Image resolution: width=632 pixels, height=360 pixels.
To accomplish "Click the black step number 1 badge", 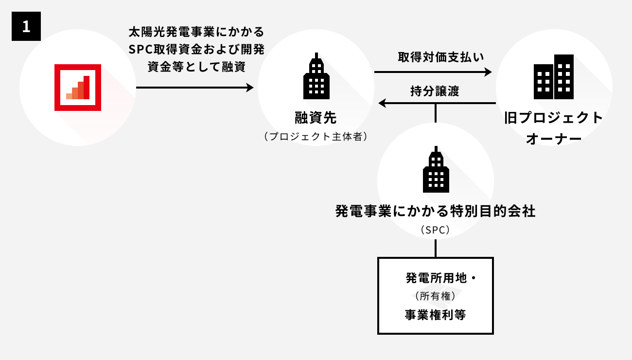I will coord(26,27).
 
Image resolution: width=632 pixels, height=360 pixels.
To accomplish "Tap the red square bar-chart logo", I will coord(78,88).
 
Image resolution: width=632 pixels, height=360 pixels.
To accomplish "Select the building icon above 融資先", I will coord(316,77).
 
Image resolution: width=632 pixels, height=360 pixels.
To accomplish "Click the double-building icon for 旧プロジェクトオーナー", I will coord(554,77).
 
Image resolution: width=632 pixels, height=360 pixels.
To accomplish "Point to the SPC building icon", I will coord(436,170).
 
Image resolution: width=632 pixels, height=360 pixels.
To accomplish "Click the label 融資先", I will coord(316,118).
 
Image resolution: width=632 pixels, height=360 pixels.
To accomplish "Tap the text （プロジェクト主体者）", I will coord(316,137).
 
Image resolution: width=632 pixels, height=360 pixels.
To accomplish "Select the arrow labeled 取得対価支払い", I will coord(433,72).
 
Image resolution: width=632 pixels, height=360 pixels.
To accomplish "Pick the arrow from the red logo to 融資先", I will coord(194,88).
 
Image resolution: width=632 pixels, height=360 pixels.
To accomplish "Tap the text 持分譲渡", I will coord(435,91).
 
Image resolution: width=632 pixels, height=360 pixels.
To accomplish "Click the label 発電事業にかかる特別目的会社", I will coord(436,212).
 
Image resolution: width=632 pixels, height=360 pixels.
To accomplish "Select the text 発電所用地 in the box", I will coord(436,278).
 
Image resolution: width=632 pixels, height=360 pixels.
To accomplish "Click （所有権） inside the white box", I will coord(436,296).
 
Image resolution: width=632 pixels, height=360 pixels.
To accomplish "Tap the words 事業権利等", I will coord(436,315).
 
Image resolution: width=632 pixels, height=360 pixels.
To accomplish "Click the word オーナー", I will coord(554,139).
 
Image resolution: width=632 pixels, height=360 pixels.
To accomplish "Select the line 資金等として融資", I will coord(196,67).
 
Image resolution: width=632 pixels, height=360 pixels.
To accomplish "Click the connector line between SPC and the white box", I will coord(436,249).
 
